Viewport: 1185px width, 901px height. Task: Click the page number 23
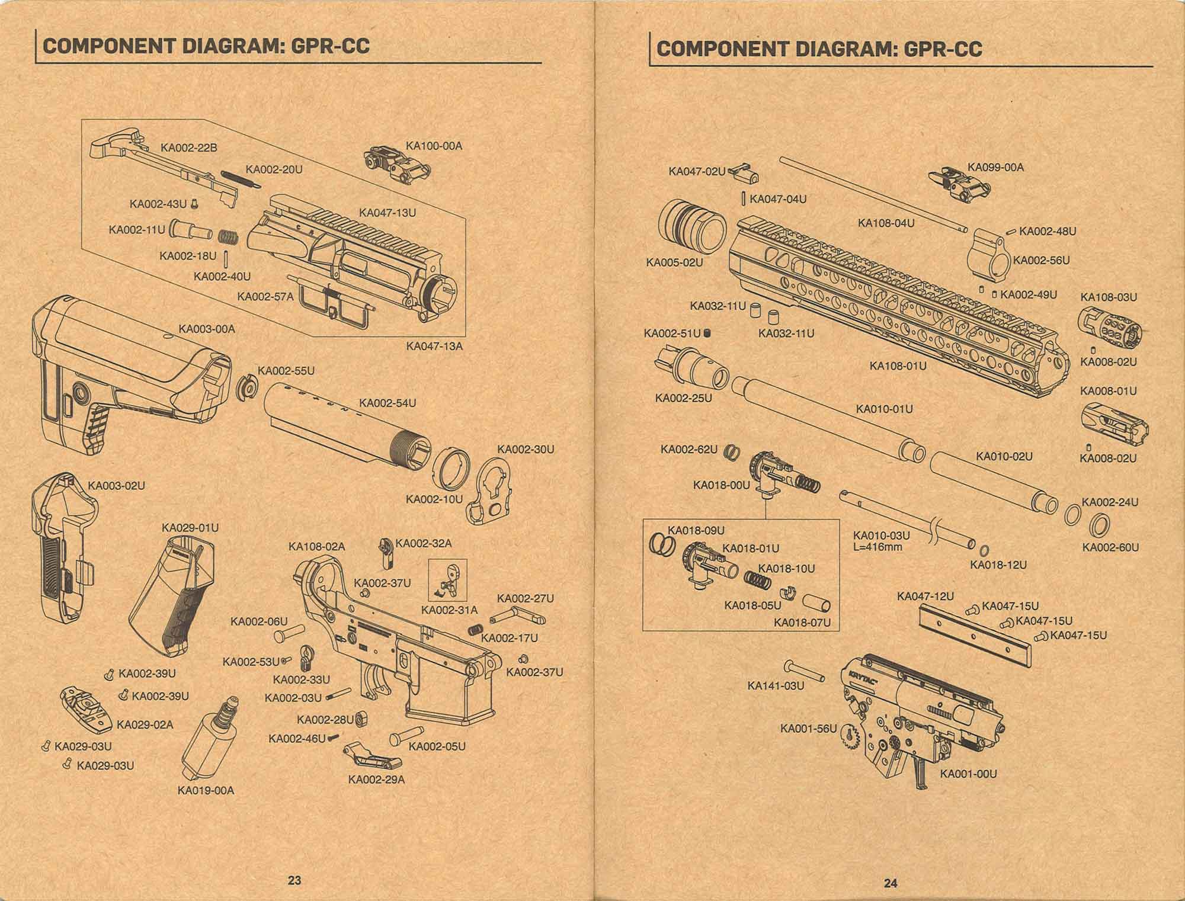pyautogui.click(x=294, y=880)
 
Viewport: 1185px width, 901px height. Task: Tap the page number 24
pyautogui.click(x=891, y=883)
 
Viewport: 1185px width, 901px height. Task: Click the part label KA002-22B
pyautogui.click(x=189, y=148)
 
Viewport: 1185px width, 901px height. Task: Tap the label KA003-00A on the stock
pyautogui.click(x=207, y=329)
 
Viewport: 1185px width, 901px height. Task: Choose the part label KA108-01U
pyautogui.click(x=898, y=365)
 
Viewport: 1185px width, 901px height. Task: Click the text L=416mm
pyautogui.click(x=877, y=547)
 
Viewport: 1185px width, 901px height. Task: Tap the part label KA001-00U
pyautogui.click(x=968, y=774)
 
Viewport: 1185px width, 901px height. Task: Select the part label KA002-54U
pyautogui.click(x=387, y=403)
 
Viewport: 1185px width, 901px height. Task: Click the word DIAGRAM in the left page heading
pyautogui.click(x=223, y=46)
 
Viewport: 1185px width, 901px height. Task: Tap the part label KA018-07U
pyautogui.click(x=802, y=622)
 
